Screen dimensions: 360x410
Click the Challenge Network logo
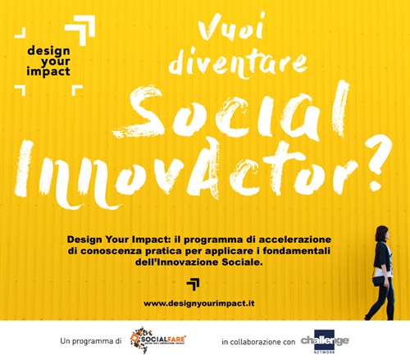[x=324, y=339]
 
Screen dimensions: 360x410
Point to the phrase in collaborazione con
[x=258, y=339]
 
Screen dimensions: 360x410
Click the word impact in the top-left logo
[x=48, y=71]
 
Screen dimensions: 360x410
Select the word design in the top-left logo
[x=48, y=48]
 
